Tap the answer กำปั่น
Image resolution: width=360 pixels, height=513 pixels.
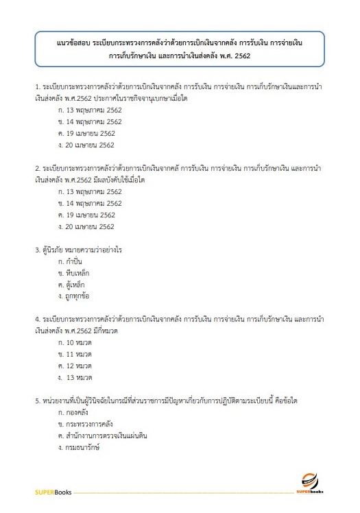click(x=71, y=261)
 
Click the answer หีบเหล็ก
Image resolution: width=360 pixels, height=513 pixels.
click(x=74, y=273)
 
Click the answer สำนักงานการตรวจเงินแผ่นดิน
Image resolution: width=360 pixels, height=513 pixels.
click(x=103, y=436)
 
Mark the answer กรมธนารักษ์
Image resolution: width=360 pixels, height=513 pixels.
click(x=79, y=448)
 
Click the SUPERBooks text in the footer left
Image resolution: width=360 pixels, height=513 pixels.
click(x=51, y=492)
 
